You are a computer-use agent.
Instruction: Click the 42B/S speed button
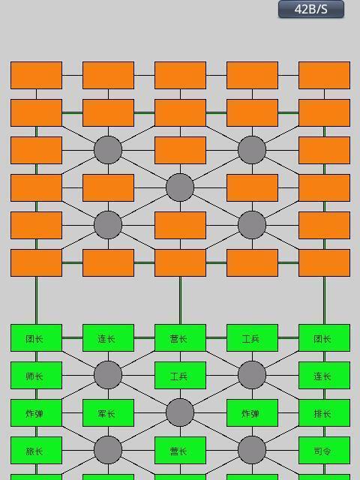(311, 9)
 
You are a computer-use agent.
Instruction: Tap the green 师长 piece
(37, 375)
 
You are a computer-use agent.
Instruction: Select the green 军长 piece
(108, 413)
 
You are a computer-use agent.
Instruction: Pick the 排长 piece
(325, 413)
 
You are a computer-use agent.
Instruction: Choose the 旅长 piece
(37, 450)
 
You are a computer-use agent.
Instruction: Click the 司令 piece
(325, 450)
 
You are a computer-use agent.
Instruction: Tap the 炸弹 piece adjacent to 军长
(37, 413)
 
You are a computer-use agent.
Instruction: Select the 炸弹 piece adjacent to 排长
(252, 413)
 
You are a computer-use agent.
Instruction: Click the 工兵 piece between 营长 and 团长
(252, 338)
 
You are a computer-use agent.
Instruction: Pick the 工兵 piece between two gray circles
(180, 375)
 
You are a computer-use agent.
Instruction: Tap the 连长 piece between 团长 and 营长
(108, 338)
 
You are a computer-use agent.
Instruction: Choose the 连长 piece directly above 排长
(325, 375)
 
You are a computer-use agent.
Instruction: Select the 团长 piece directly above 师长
(37, 338)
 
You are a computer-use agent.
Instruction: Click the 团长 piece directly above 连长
(325, 338)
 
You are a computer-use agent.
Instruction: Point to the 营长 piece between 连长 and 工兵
(180, 338)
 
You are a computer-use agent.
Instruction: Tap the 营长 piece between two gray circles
(180, 450)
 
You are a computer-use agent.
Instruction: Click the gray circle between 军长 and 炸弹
(180, 412)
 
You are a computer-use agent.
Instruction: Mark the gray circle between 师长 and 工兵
(108, 375)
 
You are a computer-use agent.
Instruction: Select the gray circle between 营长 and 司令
(252, 450)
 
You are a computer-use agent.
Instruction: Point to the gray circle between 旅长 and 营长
(108, 450)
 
